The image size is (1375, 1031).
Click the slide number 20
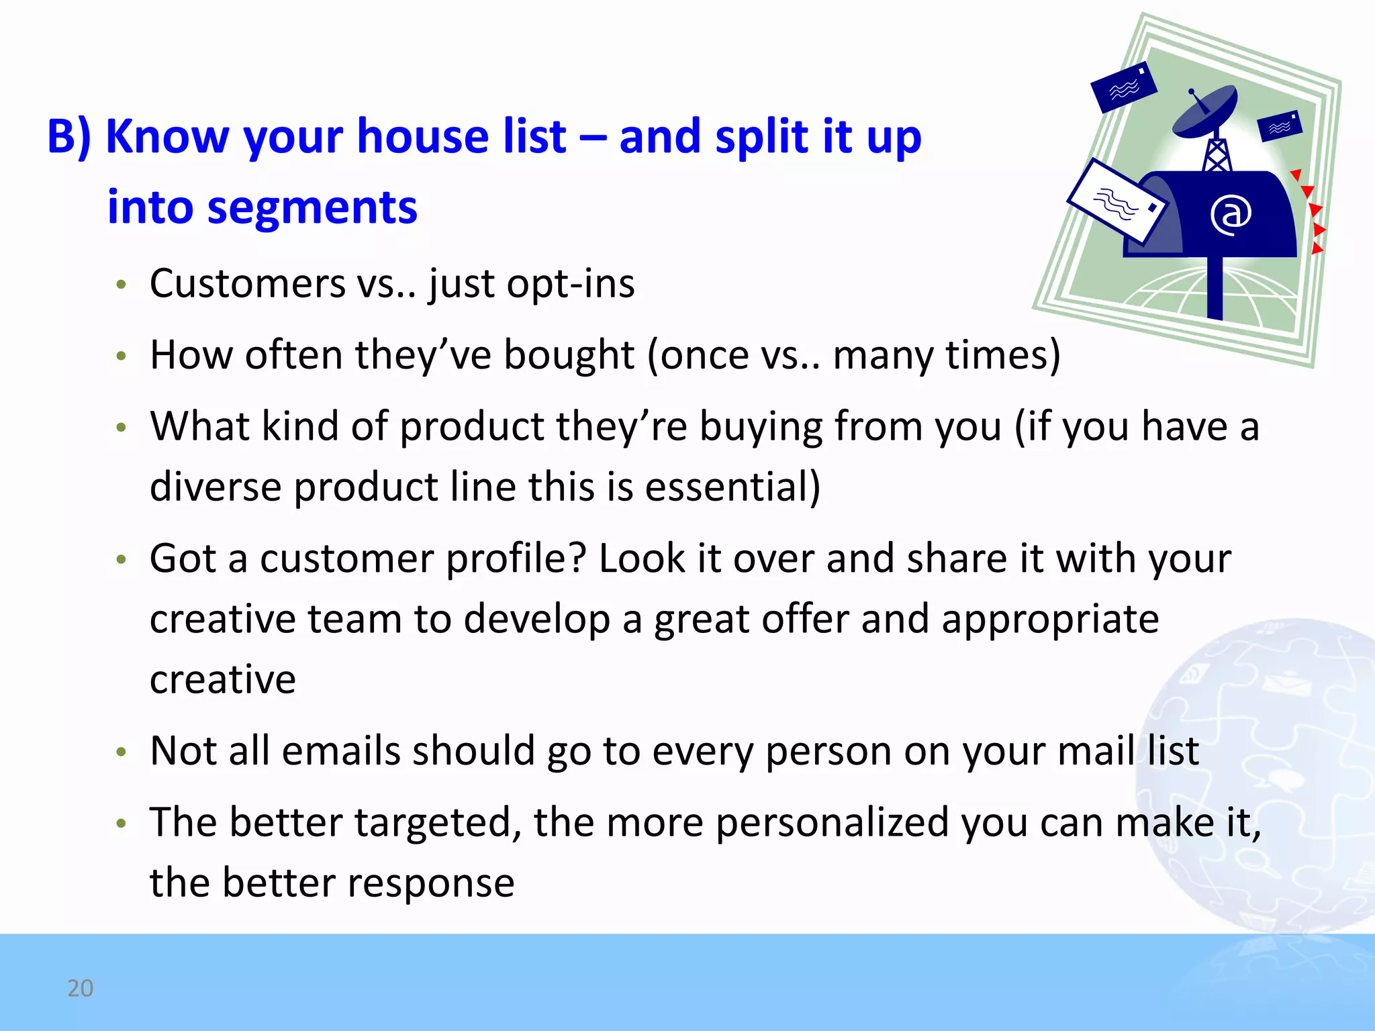click(x=80, y=988)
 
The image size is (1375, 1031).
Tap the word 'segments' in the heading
click(x=312, y=207)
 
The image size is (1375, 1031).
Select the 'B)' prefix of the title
click(x=69, y=138)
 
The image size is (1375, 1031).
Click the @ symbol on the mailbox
click(x=1231, y=215)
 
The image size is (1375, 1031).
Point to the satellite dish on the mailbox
click(x=1205, y=111)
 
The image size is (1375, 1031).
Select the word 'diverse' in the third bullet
click(x=215, y=487)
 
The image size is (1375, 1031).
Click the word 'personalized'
click(x=832, y=822)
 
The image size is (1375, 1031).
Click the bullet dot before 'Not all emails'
click(x=121, y=752)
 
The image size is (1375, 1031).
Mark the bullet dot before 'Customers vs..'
click(x=121, y=285)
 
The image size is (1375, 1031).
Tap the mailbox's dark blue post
click(x=1215, y=289)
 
